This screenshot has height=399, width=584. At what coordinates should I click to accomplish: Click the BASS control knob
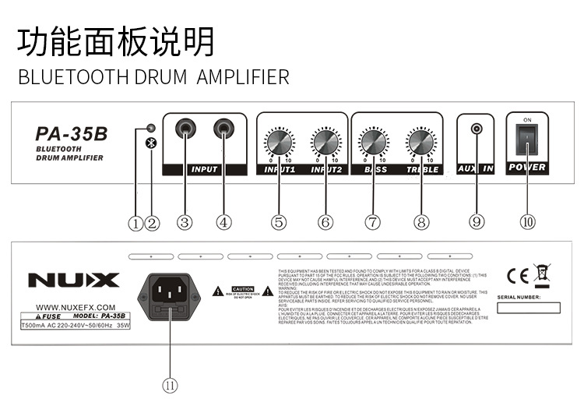click(x=373, y=143)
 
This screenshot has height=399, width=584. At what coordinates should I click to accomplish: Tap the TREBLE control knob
click(x=421, y=143)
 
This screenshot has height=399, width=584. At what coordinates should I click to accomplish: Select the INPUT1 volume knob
click(x=279, y=143)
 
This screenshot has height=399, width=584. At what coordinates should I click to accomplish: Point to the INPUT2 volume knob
click(x=325, y=143)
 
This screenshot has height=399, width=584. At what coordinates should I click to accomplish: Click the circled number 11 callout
click(x=170, y=384)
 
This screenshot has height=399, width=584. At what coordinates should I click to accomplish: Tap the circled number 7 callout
click(x=373, y=222)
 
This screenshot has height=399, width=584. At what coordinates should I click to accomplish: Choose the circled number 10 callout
click(x=528, y=222)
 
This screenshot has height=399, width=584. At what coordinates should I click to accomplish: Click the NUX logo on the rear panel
click(x=74, y=280)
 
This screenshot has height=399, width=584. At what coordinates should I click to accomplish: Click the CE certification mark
click(x=517, y=274)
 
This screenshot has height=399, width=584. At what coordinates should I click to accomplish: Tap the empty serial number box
click(x=528, y=308)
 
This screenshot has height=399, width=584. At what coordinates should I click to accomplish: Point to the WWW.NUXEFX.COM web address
click(x=76, y=307)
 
